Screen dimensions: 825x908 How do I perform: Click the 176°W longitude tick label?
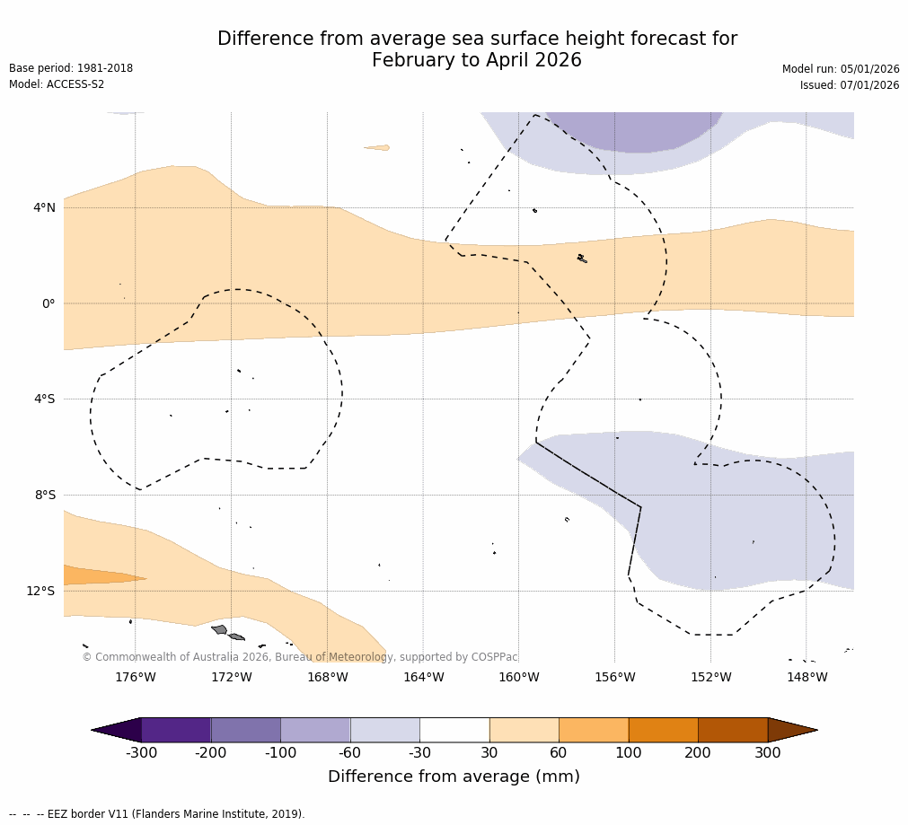pos(135,677)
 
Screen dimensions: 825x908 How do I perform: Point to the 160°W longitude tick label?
pos(518,677)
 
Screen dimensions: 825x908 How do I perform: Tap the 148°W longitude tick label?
pos(807,677)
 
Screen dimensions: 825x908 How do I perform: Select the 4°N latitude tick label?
pos(44,207)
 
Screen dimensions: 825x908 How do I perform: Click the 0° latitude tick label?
pos(48,303)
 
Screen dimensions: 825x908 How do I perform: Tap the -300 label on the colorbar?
pos(141,753)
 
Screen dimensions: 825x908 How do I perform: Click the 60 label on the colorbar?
pos(559,753)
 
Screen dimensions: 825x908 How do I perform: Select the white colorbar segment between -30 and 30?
pos(454,730)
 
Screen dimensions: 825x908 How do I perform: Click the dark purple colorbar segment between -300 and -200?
pos(176,730)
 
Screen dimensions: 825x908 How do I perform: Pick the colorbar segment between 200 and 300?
pos(733,730)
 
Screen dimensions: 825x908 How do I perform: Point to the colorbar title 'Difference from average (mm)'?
pos(454,777)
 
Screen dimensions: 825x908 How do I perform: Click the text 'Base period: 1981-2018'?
pos(71,68)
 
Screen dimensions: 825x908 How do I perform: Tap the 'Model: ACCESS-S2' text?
pos(57,84)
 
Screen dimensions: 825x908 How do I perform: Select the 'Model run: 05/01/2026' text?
pos(841,69)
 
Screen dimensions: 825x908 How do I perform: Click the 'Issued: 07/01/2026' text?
pos(850,85)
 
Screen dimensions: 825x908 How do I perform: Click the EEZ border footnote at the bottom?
pos(157,814)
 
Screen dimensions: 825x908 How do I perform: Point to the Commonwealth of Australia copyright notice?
pos(300,657)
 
